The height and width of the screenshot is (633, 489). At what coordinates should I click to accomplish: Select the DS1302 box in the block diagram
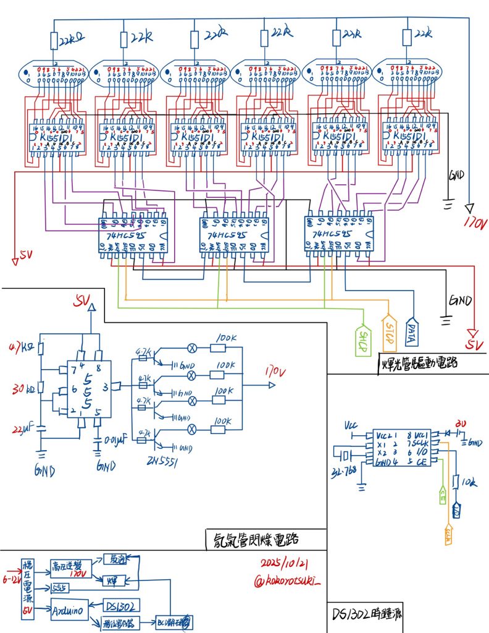pyautogui.click(x=118, y=605)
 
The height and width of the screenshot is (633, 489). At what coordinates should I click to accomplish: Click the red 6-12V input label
pyautogui.click(x=10, y=579)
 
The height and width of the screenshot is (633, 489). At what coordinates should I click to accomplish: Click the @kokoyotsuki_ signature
pyautogui.click(x=288, y=582)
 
